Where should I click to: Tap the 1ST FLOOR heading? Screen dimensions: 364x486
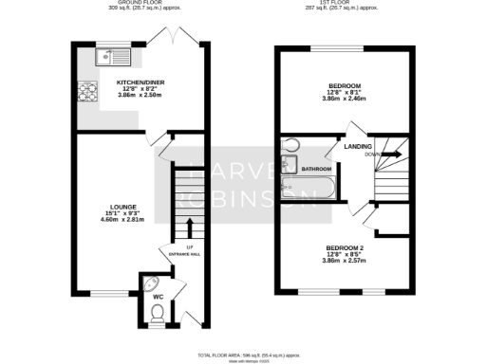coord(344,4)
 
